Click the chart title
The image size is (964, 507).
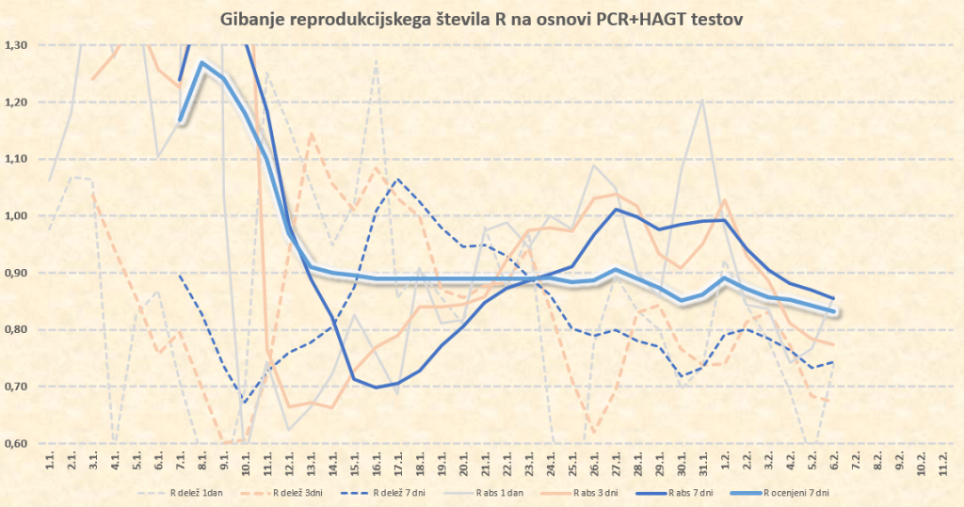481,17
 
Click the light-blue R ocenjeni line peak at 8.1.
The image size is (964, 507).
202,63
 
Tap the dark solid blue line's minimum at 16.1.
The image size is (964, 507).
377,388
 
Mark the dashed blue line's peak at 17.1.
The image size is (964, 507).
398,179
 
